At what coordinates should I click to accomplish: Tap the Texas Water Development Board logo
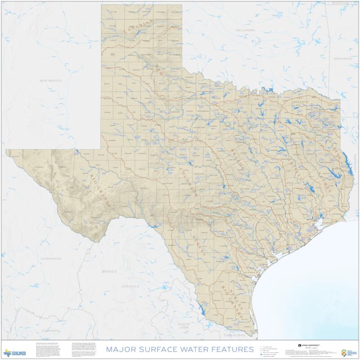(15, 352)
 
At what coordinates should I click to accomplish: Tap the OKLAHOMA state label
(245, 30)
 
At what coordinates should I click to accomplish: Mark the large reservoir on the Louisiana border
(344, 158)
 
